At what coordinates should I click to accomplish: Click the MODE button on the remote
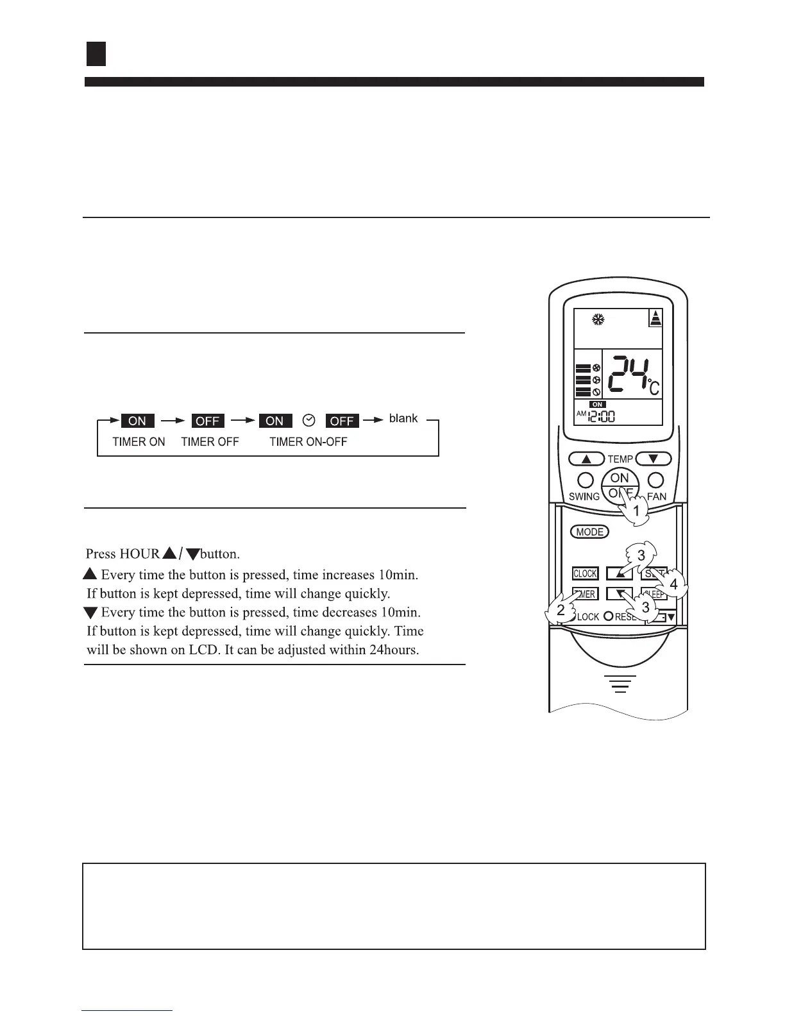589,532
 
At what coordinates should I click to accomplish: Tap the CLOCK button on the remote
585,573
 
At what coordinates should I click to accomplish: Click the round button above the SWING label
584,480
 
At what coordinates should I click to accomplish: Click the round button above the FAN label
655,480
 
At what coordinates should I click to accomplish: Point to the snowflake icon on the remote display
598,318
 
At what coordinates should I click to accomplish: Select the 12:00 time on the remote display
602,417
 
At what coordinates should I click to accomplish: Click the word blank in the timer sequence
403,418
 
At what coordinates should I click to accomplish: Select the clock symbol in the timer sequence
309,420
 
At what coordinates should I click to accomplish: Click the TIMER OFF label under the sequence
210,442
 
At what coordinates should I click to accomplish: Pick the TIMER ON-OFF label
308,442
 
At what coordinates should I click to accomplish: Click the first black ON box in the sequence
137,421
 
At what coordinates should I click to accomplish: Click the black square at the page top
96,55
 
